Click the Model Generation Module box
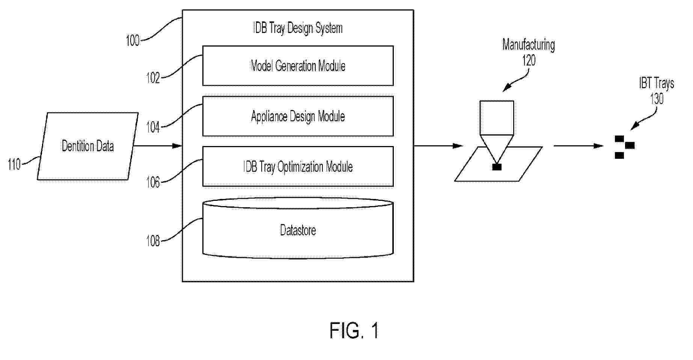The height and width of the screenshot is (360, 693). (x=298, y=66)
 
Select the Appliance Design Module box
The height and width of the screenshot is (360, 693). (x=298, y=116)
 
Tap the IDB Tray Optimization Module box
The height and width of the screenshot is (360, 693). (x=298, y=167)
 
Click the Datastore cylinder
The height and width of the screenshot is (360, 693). (x=298, y=230)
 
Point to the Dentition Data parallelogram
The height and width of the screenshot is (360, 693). (x=87, y=146)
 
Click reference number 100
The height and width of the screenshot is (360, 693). (x=133, y=41)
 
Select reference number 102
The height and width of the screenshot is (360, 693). (x=153, y=78)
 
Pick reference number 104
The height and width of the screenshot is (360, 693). (x=153, y=128)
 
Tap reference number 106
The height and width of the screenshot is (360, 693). (x=153, y=183)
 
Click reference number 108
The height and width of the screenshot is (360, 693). (x=153, y=241)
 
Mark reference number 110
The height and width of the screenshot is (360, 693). (x=14, y=164)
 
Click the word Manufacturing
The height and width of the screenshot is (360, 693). (x=529, y=45)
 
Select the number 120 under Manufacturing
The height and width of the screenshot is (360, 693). (x=529, y=60)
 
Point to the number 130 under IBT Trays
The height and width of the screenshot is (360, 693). (x=657, y=99)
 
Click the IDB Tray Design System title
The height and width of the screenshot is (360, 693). (x=298, y=29)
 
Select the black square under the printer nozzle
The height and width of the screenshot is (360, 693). (x=497, y=167)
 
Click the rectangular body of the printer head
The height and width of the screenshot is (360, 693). (x=497, y=117)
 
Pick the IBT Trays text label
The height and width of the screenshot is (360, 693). (x=657, y=83)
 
